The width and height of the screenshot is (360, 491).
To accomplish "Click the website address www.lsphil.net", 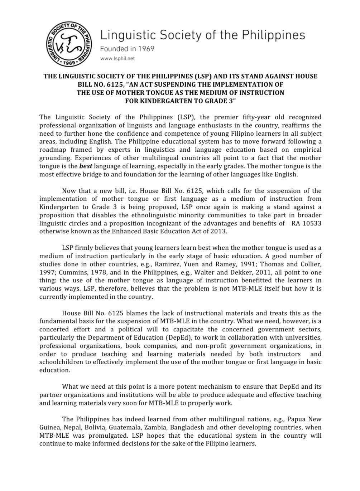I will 117,59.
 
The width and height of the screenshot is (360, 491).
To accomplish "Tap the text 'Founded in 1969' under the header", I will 127,49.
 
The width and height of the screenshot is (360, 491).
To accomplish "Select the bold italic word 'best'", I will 86,166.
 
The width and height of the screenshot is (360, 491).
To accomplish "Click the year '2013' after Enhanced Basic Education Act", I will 219,232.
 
